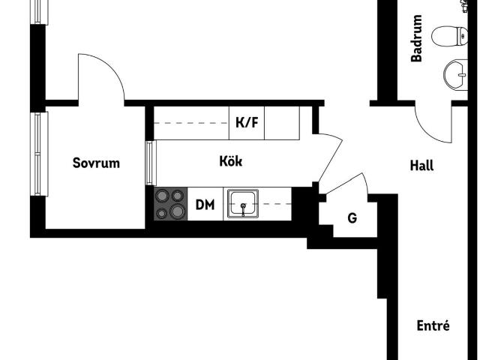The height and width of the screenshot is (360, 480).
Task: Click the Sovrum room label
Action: coord(96,163)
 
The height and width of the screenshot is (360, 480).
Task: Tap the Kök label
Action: coord(231,161)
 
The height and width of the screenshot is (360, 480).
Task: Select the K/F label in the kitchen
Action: coord(247,122)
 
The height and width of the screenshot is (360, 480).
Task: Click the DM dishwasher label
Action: coord(205,205)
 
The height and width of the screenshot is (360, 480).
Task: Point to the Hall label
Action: coord(421,165)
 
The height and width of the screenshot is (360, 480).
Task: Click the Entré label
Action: coord(433,325)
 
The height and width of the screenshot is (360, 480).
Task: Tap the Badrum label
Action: coord(416,38)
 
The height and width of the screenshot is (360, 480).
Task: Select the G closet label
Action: coord(352,218)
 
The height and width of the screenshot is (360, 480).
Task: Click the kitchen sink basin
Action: coord(243,203)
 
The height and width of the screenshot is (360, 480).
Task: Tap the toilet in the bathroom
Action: coord(449,37)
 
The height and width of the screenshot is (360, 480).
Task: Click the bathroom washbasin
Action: coord(455,75)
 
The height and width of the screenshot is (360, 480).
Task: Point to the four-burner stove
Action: coord(170,203)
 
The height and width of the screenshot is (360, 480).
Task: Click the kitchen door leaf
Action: coord(331,158)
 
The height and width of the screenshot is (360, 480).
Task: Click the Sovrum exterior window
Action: coord(39,154)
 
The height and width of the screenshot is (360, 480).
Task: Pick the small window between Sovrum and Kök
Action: coord(151,163)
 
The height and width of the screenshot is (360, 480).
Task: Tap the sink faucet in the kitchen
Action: coord(243,209)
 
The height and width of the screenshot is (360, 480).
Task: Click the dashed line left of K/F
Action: coord(191,123)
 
